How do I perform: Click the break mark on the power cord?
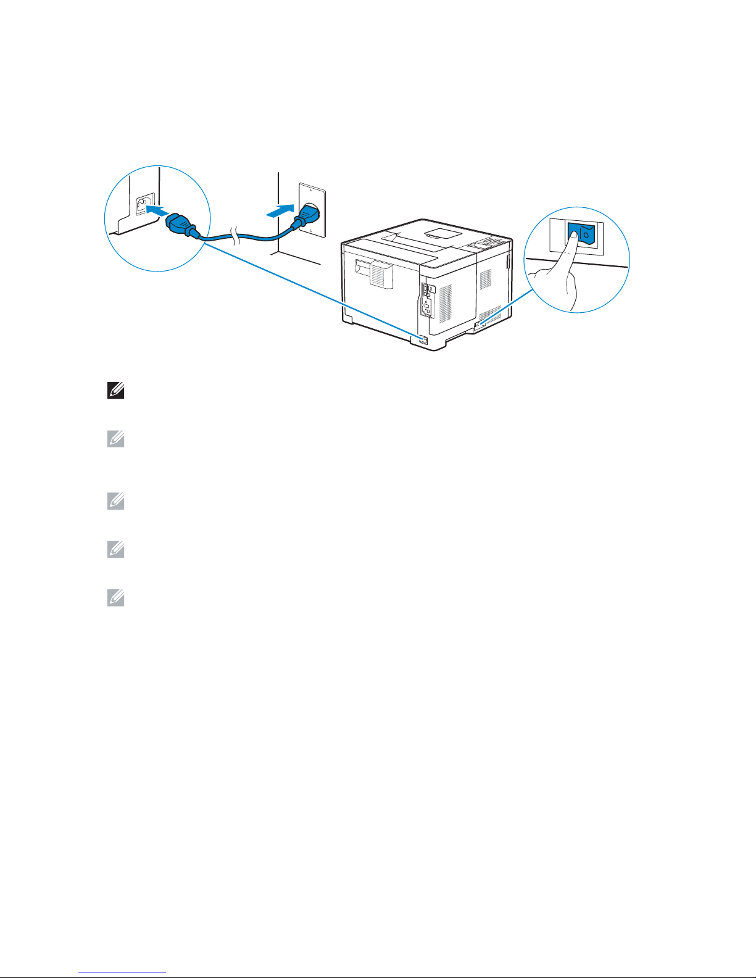[x=234, y=235]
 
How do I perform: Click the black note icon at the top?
[x=115, y=391]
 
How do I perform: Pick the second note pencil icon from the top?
[x=115, y=439]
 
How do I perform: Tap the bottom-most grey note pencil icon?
[x=115, y=598]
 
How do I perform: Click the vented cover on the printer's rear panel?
[x=375, y=272]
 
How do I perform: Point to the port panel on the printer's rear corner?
[x=426, y=299]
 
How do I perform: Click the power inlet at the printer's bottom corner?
[x=423, y=339]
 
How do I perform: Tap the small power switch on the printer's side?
[x=478, y=323]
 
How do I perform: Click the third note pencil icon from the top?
[x=115, y=502]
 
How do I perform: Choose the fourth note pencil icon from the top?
[x=115, y=549]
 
